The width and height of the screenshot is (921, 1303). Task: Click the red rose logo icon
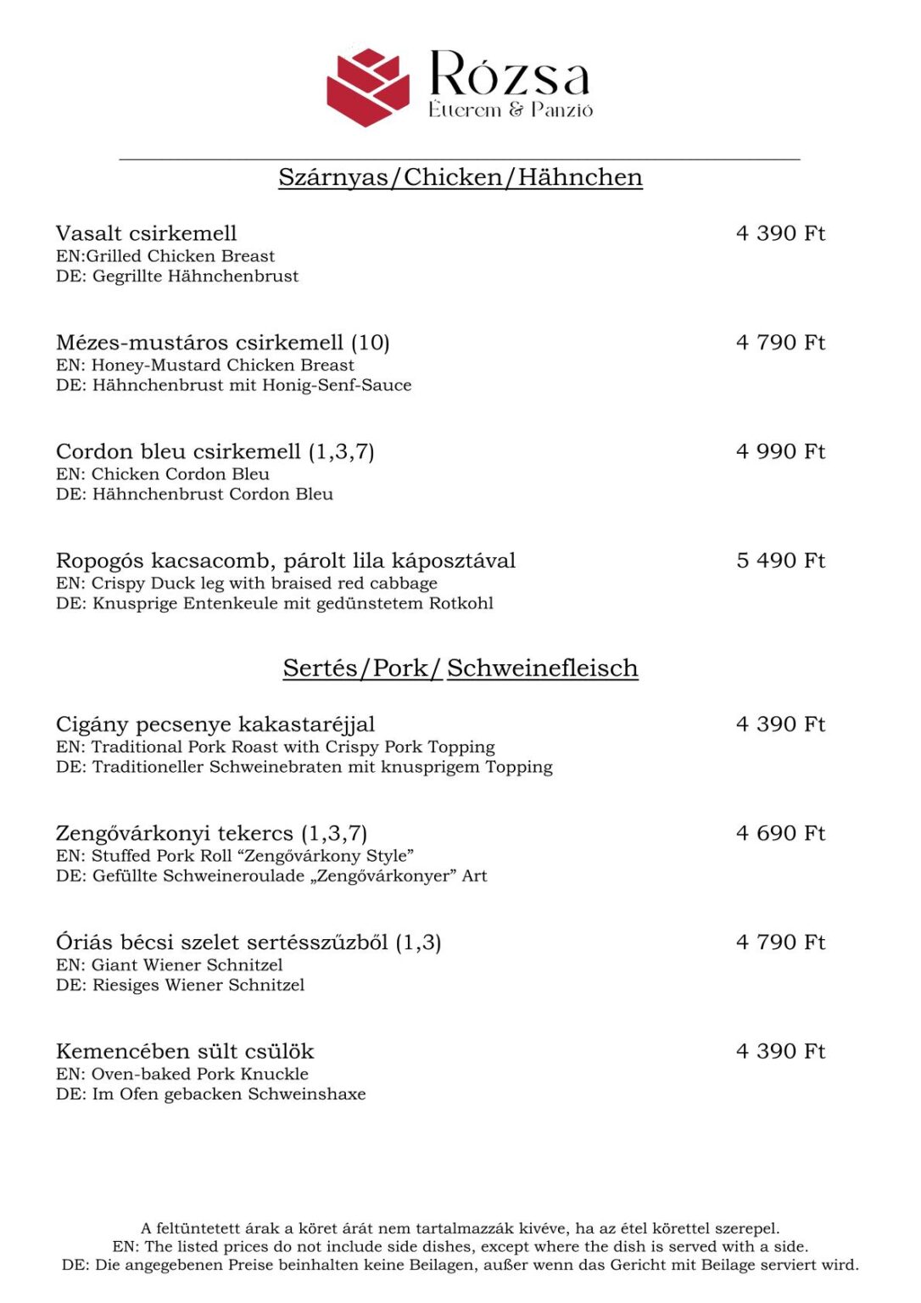368,87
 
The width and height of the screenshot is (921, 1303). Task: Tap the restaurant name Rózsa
509,75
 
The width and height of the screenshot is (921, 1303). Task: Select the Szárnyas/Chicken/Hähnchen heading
460,177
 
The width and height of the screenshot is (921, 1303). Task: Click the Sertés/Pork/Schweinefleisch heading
460,668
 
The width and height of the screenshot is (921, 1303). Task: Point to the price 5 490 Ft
780,561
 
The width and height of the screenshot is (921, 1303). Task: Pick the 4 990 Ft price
780,451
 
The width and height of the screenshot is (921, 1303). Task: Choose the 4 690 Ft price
780,833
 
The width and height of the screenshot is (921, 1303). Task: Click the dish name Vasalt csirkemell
146,233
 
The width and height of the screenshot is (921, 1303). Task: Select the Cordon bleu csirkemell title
178,451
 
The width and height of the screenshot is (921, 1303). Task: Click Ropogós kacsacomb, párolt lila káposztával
285,561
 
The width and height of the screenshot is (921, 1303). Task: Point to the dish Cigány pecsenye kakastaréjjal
215,724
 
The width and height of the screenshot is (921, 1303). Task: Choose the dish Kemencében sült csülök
184,1052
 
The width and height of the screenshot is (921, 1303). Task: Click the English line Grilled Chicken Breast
165,256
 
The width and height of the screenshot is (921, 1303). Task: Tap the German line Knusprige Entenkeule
274,604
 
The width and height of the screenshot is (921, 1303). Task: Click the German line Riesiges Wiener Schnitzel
180,985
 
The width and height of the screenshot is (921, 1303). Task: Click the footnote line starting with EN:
460,1247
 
